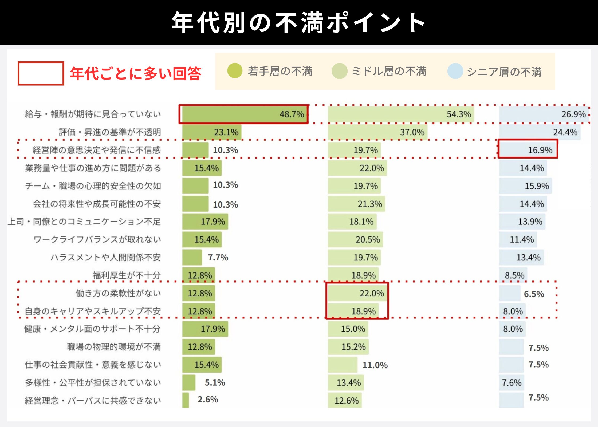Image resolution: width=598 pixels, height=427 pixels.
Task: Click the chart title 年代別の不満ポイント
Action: coord(298,23)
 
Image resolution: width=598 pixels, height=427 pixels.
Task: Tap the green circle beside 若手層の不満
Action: coord(235,71)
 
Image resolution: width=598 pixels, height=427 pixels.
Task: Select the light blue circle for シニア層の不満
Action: coord(455,71)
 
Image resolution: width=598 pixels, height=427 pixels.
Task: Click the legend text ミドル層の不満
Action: coord(389,71)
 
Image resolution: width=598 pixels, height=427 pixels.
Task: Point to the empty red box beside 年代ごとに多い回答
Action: coord(41,73)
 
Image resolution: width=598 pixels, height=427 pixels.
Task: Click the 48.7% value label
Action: coord(292,114)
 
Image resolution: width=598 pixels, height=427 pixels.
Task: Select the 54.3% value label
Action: coord(459,114)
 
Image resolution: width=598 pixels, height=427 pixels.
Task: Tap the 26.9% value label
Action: coord(573,114)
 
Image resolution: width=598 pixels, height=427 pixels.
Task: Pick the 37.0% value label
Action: coord(412,132)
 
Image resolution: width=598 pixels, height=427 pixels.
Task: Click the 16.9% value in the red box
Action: coord(540,150)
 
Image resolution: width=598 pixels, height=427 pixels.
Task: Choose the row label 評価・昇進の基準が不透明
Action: coord(110,132)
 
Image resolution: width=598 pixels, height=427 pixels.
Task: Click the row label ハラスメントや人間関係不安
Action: coord(106,258)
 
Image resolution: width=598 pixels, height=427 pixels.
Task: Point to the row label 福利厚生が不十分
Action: coord(127,275)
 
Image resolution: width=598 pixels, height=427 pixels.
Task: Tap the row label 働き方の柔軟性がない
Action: coord(118,293)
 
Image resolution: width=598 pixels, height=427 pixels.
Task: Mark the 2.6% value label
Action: coord(208,400)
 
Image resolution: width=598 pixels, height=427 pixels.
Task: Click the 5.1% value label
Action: coord(215,383)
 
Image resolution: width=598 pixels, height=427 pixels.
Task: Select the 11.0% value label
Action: coord(375,365)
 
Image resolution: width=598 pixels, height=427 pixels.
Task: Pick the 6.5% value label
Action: coord(534,294)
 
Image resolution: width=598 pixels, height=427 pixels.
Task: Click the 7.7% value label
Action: coord(218,258)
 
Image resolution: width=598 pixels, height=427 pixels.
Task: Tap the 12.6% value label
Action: coord(347,401)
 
